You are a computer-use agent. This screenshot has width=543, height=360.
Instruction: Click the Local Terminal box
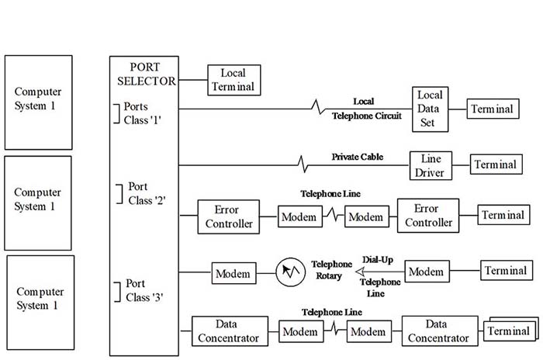coord(233,79)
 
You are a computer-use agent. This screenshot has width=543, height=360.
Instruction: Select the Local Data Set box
coord(429,109)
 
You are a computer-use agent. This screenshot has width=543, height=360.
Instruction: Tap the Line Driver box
coord(431,164)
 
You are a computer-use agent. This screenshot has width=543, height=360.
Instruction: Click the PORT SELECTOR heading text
coord(144,73)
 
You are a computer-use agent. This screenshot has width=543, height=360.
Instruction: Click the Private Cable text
coord(357,157)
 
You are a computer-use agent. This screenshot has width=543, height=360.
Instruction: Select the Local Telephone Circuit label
coord(366,109)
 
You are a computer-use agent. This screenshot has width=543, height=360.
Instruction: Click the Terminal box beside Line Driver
coord(495,164)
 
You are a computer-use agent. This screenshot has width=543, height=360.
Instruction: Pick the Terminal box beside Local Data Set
coord(492,109)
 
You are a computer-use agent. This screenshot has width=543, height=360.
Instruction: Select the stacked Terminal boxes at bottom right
coord(509,332)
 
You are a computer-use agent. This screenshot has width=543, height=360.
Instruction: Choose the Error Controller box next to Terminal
coord(427,216)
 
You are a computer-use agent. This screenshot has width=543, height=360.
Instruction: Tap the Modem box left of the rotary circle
coord(233,273)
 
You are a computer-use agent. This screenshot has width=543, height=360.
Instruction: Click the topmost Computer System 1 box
coord(38,102)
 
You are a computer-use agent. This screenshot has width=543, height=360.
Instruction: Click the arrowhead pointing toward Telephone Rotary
coord(361,272)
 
